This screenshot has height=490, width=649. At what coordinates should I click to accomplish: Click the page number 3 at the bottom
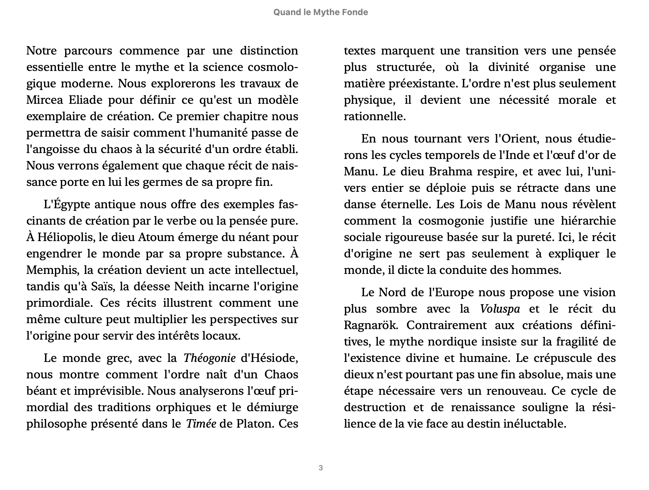[321, 468]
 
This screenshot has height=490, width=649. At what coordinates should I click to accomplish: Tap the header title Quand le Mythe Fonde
[321, 12]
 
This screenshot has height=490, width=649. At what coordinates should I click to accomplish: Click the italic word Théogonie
[209, 358]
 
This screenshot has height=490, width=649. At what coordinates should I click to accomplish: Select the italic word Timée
[201, 424]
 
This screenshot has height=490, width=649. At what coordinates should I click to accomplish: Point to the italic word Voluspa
[500, 309]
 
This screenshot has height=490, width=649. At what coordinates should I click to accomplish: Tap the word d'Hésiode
[269, 358]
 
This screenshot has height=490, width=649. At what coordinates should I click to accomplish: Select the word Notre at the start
[41, 51]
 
